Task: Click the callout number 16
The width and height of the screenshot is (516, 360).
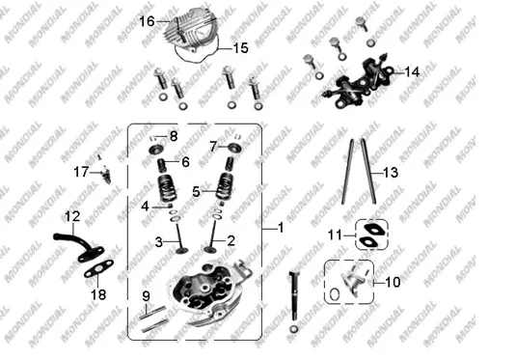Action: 147,21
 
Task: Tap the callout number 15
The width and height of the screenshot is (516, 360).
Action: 240,48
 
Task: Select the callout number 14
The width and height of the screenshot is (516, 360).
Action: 412,72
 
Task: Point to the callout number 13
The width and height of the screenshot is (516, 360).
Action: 391,173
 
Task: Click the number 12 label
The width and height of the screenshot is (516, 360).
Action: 72,216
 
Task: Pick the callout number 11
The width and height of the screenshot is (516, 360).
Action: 335,235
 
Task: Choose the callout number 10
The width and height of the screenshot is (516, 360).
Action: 393,282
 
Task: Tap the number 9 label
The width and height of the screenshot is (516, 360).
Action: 146,296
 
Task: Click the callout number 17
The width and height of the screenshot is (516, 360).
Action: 81,172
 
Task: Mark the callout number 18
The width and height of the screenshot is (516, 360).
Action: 98,294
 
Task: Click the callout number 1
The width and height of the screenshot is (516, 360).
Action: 281,228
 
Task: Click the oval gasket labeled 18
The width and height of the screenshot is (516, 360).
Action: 99,268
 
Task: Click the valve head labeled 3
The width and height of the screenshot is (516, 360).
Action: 181,251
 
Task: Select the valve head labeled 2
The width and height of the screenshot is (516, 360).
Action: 209,249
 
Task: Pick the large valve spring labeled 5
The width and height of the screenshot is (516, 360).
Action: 225,186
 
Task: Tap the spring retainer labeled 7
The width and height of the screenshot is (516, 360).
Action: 235,147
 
